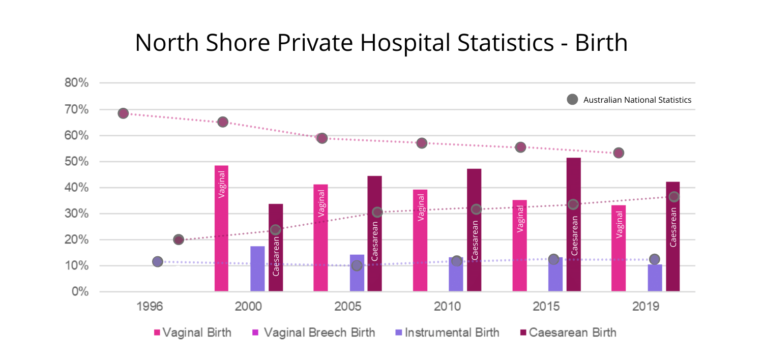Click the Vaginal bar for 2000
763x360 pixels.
tap(221, 229)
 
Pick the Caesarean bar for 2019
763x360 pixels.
tap(672, 236)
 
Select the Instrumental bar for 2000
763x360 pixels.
tap(257, 269)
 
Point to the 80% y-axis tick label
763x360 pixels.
tap(76, 83)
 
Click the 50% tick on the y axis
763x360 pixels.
tap(76, 162)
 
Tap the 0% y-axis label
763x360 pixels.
tap(80, 292)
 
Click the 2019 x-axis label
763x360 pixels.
tap(646, 307)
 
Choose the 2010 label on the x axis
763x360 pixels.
tap(447, 307)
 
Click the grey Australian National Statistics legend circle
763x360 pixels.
tap(572, 100)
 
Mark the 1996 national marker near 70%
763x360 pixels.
tap(123, 113)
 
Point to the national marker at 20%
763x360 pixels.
tap(178, 239)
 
